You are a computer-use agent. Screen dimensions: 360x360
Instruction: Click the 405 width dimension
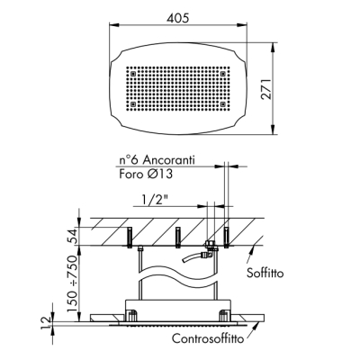tap(178, 18)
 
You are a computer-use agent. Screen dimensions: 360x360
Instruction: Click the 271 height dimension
tap(265, 89)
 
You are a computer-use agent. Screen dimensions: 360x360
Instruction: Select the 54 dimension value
tap(72, 236)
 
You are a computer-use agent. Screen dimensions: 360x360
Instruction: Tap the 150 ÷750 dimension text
tap(72, 283)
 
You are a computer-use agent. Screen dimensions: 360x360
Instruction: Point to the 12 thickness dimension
tap(46, 324)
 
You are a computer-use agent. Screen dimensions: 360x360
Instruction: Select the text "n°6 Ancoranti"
tap(157, 159)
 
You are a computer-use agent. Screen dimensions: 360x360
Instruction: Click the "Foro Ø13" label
tap(146, 174)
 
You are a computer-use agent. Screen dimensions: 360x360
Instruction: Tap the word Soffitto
tap(265, 273)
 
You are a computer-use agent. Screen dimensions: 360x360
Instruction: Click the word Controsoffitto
tap(208, 339)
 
